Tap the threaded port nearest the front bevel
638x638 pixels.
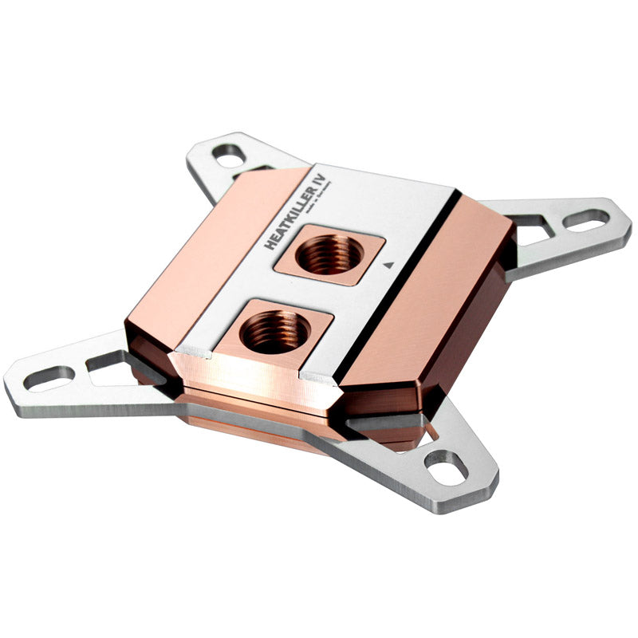pos(275,331)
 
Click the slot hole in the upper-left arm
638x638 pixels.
pos(229,157)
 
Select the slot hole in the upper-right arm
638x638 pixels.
pos(587,220)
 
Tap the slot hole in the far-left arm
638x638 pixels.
pos(49,378)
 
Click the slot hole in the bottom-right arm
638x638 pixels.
pos(446,467)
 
